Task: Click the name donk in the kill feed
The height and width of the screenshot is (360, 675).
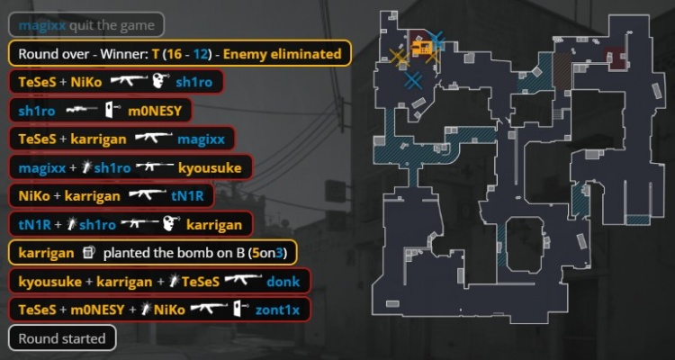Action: pos(283,282)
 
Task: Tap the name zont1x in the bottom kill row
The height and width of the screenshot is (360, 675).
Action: pos(277,310)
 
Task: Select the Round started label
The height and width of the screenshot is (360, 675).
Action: pos(62,338)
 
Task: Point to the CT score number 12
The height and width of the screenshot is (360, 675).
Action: pos(201,54)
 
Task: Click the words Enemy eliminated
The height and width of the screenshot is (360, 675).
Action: pos(282,54)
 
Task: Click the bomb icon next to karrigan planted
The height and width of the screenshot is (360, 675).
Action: pos(88,253)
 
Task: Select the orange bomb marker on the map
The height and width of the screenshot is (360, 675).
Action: pos(421,47)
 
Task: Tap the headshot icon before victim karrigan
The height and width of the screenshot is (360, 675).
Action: pos(171,225)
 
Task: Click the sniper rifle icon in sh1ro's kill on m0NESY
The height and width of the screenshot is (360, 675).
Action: pos(82,111)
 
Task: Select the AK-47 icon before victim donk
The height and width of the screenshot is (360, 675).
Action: pos(243,281)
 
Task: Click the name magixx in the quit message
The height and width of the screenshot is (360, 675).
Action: pos(42,25)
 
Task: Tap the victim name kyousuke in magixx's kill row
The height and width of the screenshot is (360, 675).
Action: pos(211,167)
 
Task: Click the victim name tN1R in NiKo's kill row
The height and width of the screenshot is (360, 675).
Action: pos(187,196)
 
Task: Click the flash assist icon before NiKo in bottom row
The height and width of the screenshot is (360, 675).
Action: pos(146,310)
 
